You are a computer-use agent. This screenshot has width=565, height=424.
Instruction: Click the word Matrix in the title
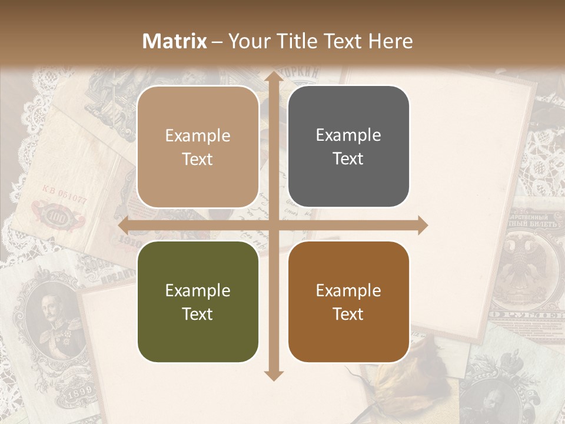point(175,41)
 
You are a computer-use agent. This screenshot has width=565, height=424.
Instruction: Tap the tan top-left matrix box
point(198,147)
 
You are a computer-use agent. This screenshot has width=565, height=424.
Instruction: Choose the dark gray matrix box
point(348,147)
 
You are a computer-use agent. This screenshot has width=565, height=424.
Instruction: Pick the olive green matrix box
point(198,302)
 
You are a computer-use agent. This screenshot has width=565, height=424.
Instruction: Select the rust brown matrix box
point(348,302)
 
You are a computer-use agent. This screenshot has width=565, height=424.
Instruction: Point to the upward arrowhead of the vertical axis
point(273,78)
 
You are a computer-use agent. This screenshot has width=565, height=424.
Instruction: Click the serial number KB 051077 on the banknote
point(64,194)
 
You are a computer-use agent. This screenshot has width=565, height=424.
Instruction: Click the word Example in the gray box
point(348,135)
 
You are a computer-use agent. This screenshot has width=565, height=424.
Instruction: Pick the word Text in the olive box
point(198,314)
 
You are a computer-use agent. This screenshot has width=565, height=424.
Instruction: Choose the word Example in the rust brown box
point(348,290)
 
